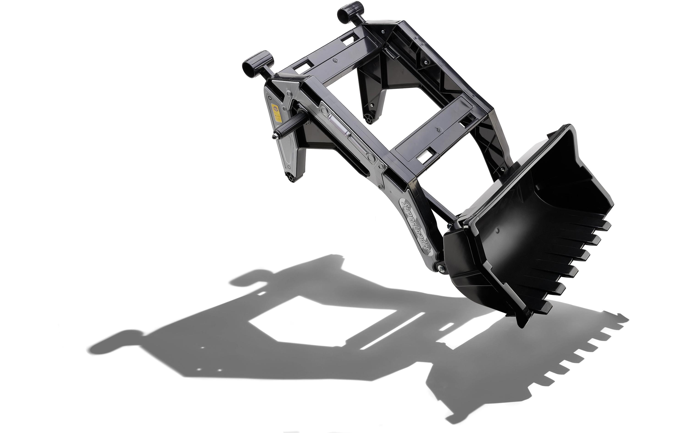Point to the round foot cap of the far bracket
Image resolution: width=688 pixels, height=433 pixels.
[x=369, y=117]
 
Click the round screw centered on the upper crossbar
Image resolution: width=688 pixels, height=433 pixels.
[x=336, y=61]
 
